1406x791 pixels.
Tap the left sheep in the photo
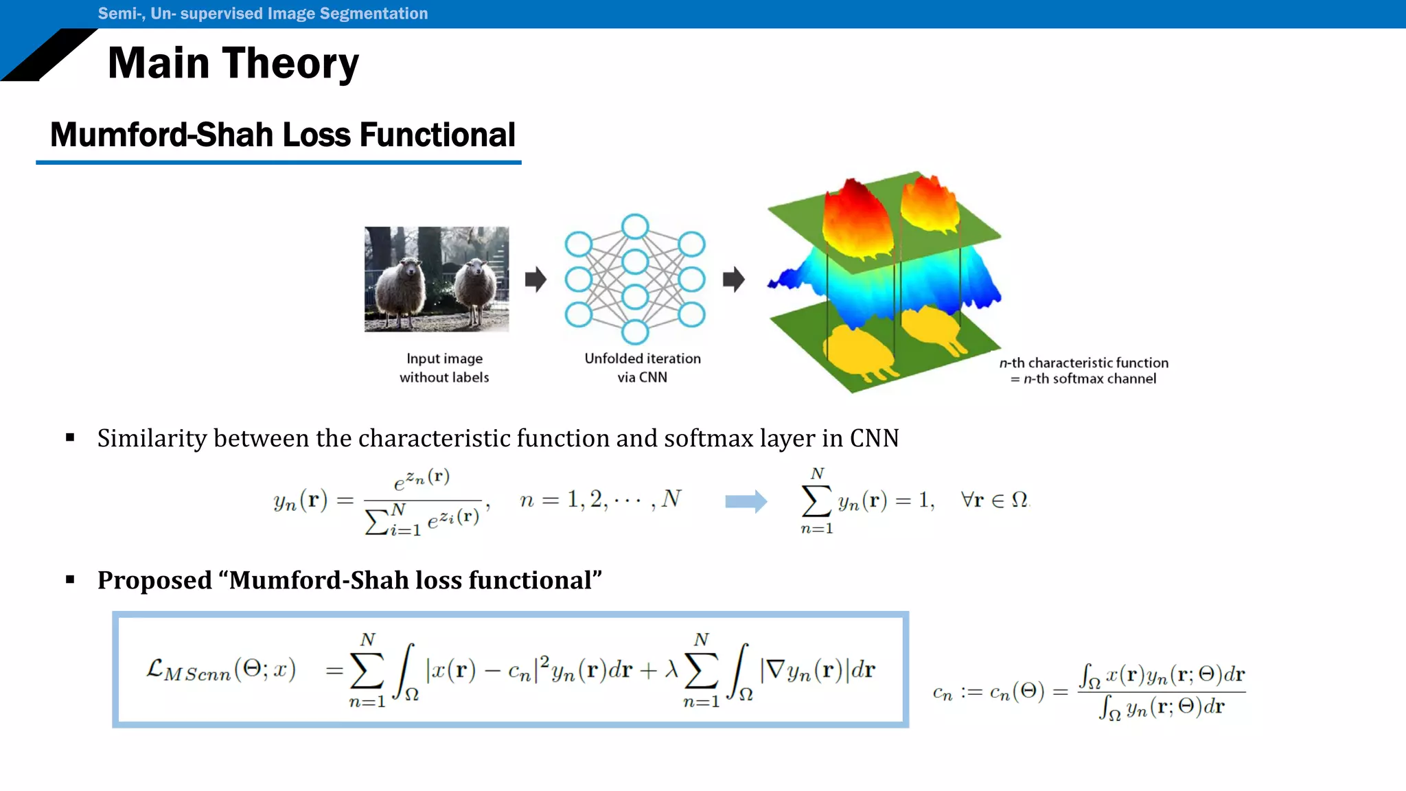pos(402,288)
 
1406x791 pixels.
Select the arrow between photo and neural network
pos(535,279)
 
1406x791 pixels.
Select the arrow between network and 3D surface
pos(733,279)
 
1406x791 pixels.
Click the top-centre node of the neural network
pos(635,227)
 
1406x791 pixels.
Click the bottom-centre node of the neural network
pos(635,332)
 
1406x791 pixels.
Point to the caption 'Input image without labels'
pos(444,368)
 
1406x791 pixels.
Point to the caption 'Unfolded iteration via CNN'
pos(643,368)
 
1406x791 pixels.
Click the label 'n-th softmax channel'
pos(1090,379)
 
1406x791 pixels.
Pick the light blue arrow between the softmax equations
pos(746,502)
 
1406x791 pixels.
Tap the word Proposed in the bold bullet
pos(154,580)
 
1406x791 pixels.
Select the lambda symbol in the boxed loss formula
pos(671,669)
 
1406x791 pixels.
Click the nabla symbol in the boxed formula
pos(775,669)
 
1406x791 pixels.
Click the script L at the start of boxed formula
pos(154,668)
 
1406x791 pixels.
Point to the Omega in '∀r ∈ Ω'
pos(1019,500)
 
